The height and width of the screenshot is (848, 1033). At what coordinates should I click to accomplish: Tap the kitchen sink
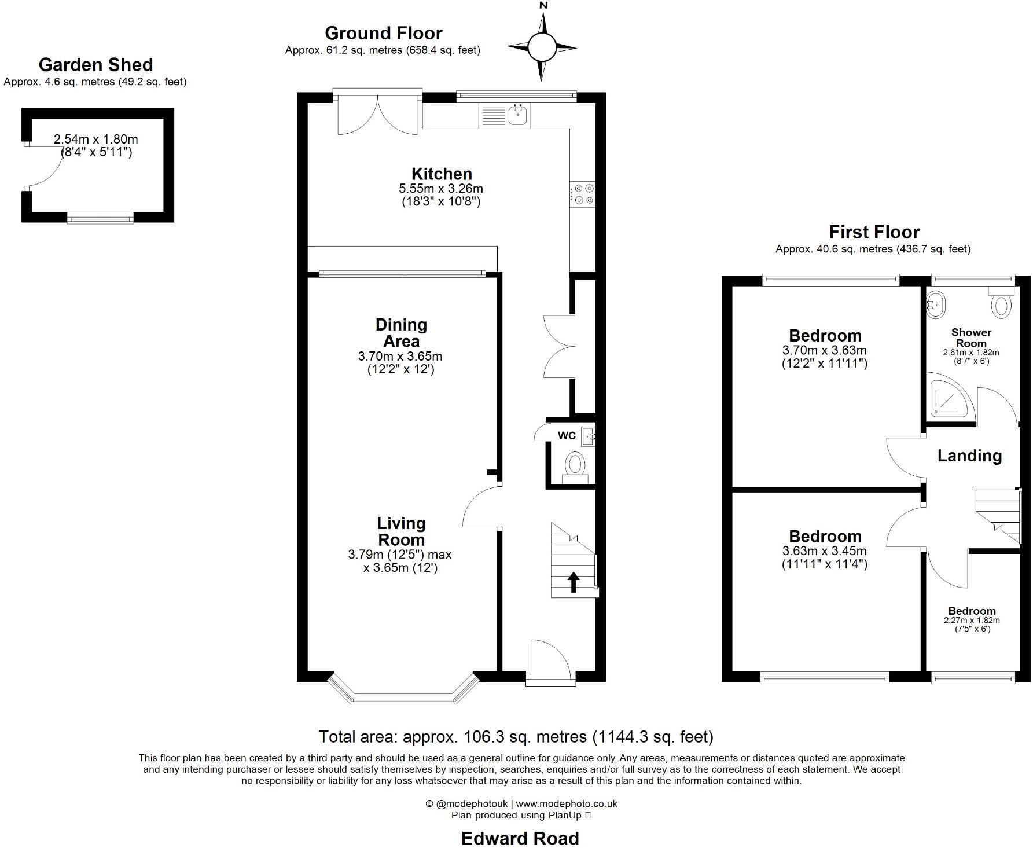point(518,116)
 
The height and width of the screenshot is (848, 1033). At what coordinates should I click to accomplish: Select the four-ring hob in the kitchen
point(583,194)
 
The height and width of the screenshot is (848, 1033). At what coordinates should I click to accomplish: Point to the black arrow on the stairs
point(574,582)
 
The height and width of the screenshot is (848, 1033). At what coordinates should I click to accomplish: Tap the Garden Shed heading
point(95,65)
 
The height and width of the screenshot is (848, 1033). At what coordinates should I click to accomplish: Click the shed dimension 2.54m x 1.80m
point(95,139)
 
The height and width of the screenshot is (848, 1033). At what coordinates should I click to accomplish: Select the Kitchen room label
point(442,174)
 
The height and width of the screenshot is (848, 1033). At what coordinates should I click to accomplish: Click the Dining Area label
point(401,333)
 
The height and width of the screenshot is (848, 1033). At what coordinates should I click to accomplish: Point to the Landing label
point(969,456)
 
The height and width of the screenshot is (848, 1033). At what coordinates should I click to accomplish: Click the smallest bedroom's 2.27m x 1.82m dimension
point(972,620)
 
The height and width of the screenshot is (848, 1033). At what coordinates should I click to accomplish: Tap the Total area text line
point(516,737)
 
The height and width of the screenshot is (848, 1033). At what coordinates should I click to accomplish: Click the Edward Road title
point(520,838)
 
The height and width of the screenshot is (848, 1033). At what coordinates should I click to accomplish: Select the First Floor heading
point(874,232)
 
